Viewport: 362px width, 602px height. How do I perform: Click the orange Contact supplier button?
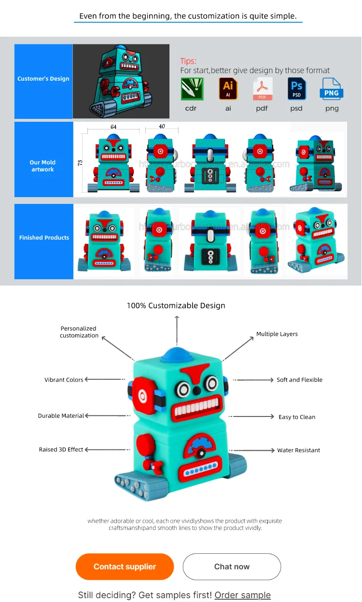125,566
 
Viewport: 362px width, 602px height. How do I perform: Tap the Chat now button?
232,566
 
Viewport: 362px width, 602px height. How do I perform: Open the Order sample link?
242,595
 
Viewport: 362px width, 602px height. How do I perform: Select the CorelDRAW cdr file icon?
191,89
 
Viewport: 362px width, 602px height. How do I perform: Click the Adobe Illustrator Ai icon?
228,88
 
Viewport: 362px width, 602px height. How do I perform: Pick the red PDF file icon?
262,89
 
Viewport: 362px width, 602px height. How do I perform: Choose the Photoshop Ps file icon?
296,89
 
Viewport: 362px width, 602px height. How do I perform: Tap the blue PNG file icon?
332,89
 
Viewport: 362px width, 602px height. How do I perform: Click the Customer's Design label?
43,79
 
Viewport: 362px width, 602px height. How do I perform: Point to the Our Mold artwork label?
43,166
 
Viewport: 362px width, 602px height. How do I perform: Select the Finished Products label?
44,238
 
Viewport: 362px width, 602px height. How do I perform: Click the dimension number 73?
80,163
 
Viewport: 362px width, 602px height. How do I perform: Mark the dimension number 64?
113,127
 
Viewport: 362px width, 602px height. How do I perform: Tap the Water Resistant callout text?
298,450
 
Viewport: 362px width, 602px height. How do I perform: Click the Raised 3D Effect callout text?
61,449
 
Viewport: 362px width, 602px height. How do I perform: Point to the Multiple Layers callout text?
277,334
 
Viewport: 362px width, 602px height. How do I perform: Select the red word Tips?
188,61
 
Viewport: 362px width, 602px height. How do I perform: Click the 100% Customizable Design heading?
176,305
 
